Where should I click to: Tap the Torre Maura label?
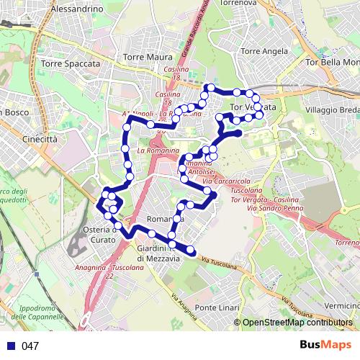148,57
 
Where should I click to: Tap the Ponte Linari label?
217,308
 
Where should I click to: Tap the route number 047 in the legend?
30,346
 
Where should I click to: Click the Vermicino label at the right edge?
343,306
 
